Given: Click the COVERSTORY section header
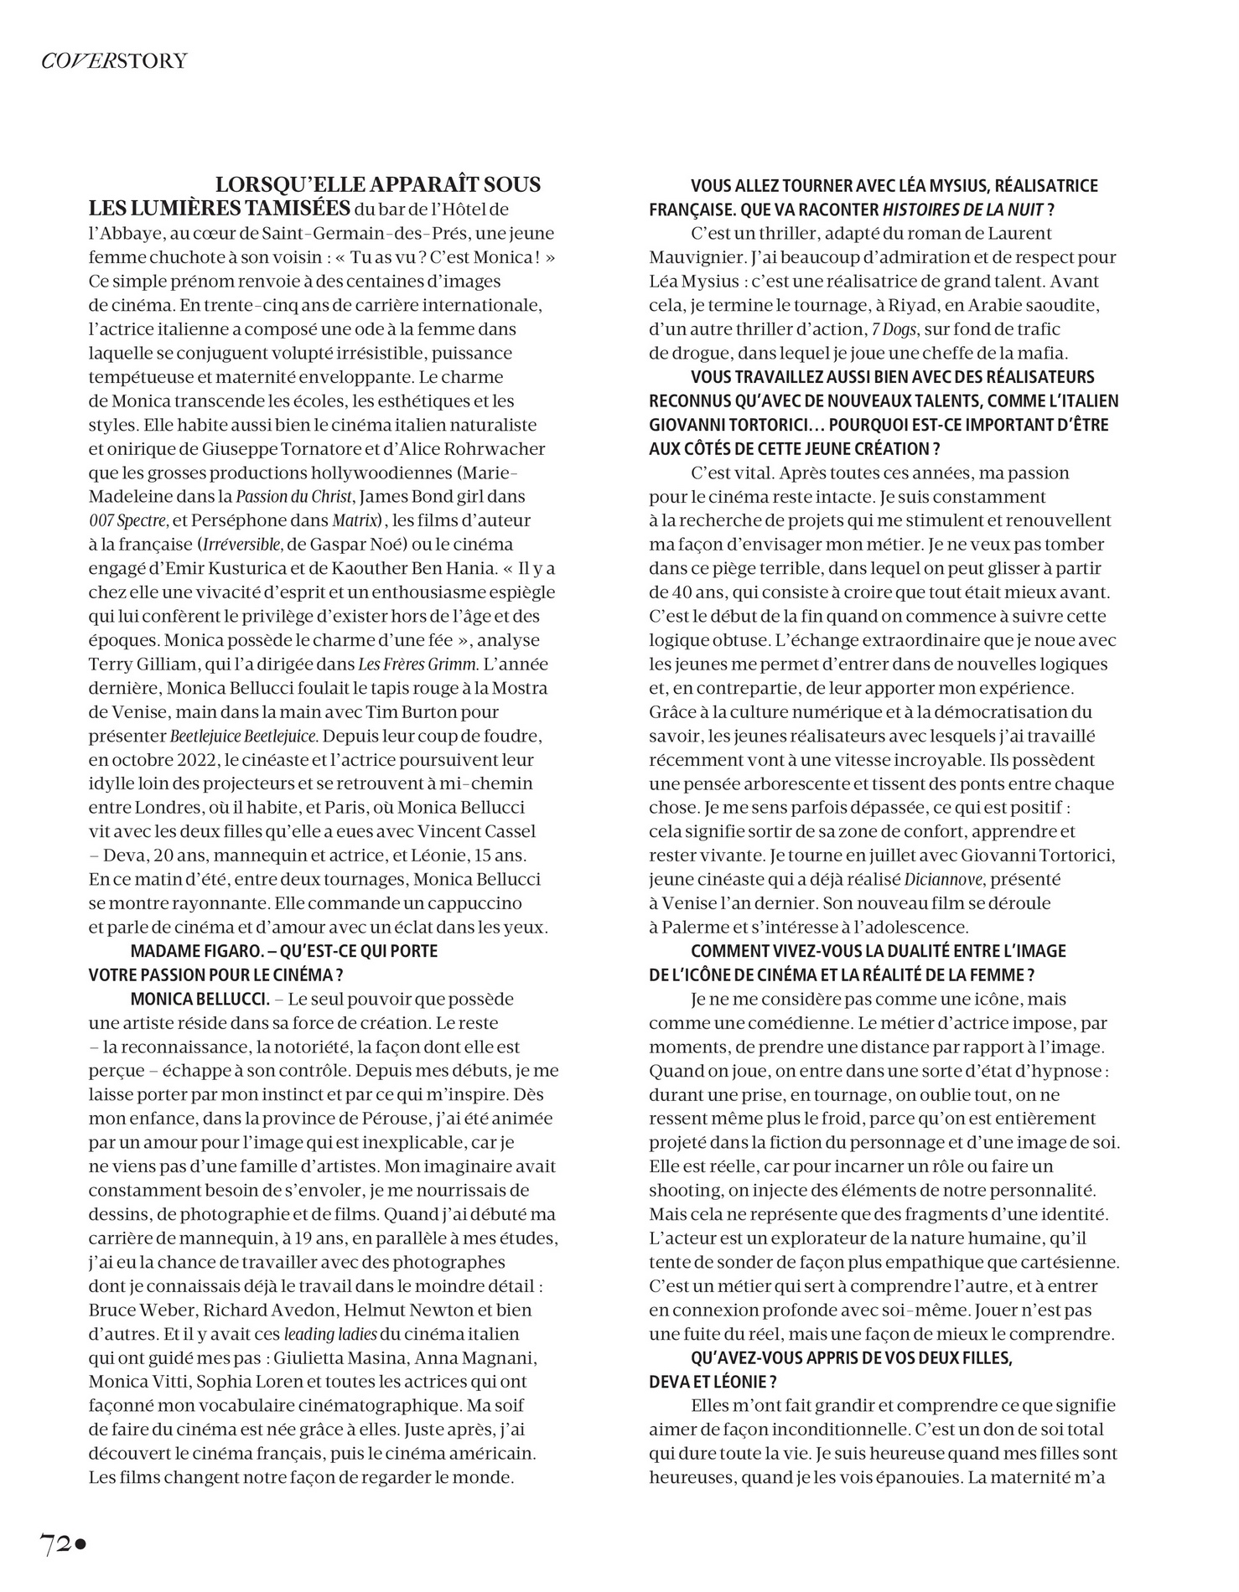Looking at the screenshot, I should [114, 61].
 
